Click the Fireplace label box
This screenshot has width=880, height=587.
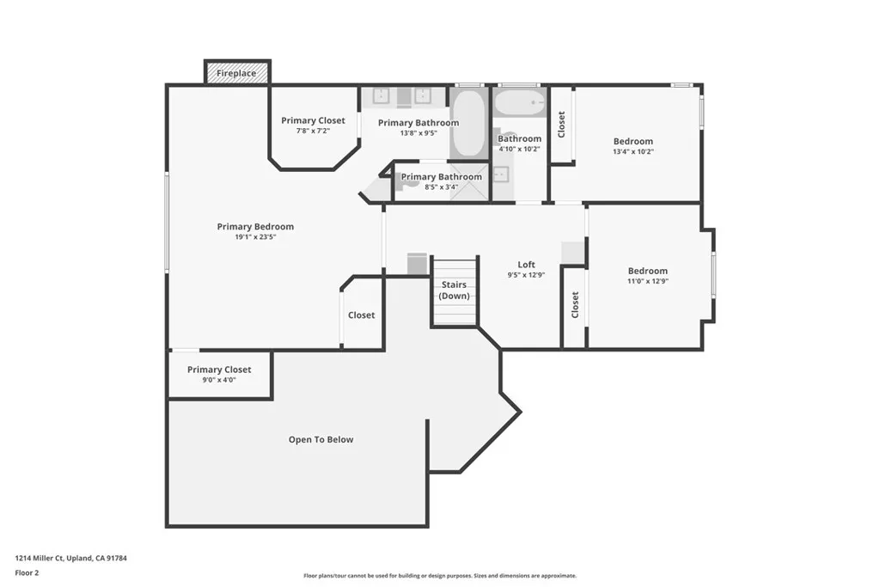pos(236,73)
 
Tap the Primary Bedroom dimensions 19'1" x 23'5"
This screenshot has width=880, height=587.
pos(255,237)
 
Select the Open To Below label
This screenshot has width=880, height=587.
pos(321,440)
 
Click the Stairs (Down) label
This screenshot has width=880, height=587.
pos(454,290)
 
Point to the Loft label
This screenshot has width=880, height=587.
pos(526,265)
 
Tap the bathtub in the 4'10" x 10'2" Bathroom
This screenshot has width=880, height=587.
pos(519,103)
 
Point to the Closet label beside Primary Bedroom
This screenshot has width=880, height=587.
pos(361,315)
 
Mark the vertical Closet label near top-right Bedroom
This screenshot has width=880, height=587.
pos(561,125)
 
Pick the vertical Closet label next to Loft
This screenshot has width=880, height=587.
pos(575,305)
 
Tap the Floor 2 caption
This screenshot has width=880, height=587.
pos(27,572)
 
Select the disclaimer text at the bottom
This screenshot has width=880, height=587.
pos(439,576)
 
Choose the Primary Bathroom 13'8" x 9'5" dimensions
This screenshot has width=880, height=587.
pos(419,133)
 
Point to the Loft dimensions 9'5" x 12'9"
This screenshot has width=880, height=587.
pos(526,275)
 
